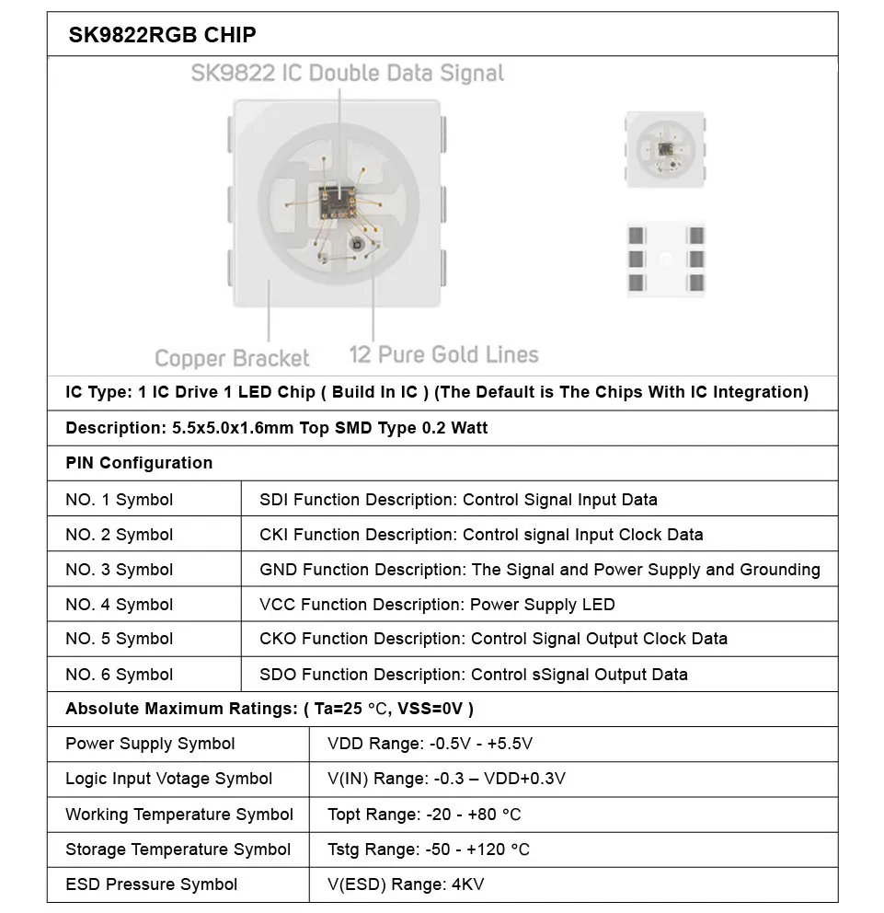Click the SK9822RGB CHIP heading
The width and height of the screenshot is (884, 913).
[162, 35]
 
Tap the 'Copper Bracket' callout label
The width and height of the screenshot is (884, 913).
[232, 358]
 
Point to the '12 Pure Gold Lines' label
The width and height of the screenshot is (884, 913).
[444, 354]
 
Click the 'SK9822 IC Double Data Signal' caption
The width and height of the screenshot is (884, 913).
[347, 73]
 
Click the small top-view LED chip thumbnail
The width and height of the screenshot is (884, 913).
[665, 148]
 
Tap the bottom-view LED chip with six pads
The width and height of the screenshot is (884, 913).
[665, 259]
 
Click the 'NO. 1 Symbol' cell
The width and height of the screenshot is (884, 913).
[119, 500]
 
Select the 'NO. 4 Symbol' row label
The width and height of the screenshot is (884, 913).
[119, 605]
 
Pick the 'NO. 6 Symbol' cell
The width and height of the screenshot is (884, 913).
[119, 675]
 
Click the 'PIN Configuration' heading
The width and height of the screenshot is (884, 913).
[139, 463]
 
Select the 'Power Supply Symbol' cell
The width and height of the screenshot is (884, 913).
[150, 744]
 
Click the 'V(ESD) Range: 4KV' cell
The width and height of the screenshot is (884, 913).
[406, 884]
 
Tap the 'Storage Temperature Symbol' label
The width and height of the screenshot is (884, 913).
[178, 849]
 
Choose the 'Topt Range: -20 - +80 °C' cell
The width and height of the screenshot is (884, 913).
[424, 815]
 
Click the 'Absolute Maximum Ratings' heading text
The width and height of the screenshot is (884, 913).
[181, 709]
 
